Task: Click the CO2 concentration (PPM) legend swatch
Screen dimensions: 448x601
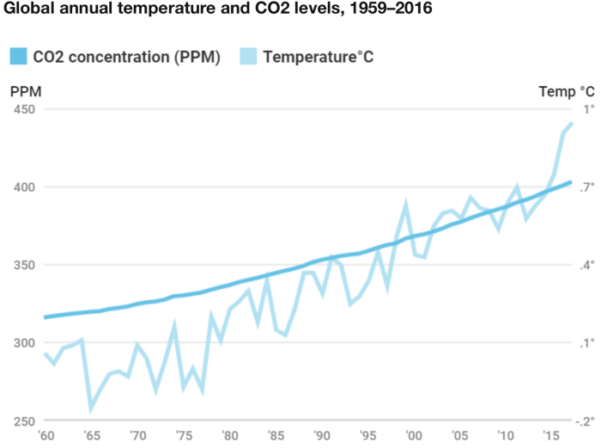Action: tap(19, 58)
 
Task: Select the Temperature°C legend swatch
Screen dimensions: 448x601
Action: tap(249, 58)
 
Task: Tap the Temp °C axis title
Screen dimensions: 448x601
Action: tap(567, 91)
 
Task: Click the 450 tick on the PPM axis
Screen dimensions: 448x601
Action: tap(24, 109)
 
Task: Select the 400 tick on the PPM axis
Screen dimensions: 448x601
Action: tap(24, 187)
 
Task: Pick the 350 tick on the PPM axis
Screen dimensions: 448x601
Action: tap(24, 265)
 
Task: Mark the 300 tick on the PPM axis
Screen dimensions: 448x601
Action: tap(24, 343)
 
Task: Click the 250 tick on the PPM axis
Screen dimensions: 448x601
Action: tap(24, 420)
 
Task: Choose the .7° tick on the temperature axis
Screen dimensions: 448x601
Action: tap(586, 187)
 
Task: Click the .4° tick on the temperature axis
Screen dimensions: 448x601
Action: tap(586, 265)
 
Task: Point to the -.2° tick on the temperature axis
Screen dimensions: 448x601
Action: tap(586, 420)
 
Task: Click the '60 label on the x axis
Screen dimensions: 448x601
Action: tap(44, 435)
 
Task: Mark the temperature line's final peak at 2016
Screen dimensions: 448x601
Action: tap(571, 124)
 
